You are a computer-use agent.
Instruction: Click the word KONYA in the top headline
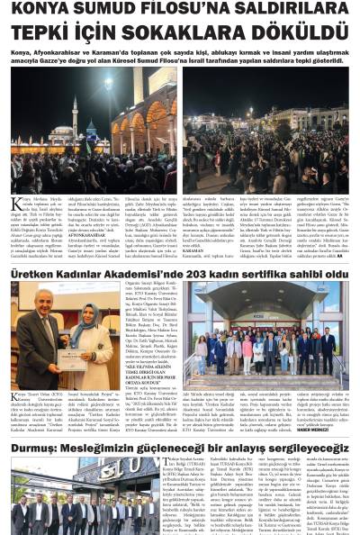pos(44,11)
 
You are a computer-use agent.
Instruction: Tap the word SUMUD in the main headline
pos(117,11)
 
